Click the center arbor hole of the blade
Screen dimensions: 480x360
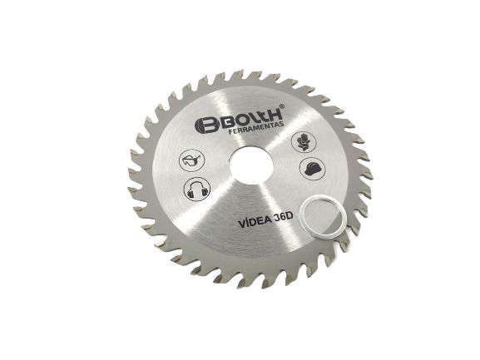(x=251, y=166)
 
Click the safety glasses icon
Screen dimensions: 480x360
(x=192, y=160)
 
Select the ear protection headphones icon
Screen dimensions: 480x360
(x=197, y=189)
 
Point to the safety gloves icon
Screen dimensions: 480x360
(x=304, y=142)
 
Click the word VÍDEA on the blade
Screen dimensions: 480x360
(x=255, y=221)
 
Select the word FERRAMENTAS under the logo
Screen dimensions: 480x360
(x=256, y=129)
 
